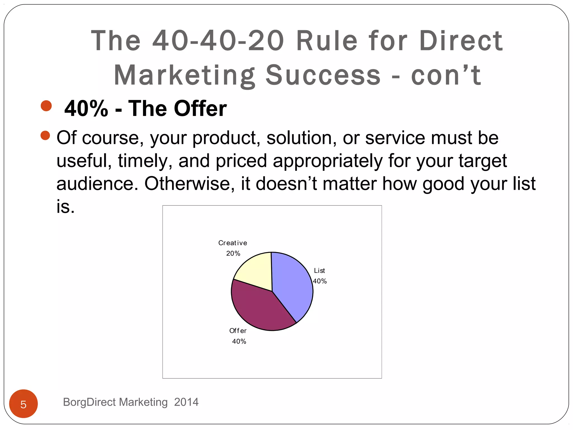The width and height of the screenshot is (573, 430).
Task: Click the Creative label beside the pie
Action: (233, 243)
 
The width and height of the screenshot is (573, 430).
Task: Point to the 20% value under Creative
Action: (233, 254)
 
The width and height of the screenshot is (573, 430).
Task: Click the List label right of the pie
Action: (319, 271)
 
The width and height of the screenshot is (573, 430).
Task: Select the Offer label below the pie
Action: (238, 331)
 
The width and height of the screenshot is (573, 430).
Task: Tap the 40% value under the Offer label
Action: (239, 342)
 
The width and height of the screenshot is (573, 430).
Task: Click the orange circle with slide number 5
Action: (24, 404)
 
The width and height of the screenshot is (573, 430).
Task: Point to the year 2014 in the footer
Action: (186, 402)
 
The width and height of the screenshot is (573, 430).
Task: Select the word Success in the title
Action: (323, 75)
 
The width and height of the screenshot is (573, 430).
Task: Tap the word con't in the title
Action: (446, 75)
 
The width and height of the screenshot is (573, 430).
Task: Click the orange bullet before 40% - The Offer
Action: (46, 106)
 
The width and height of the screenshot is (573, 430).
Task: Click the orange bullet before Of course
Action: (45, 135)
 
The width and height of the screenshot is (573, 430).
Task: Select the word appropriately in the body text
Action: (327, 161)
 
